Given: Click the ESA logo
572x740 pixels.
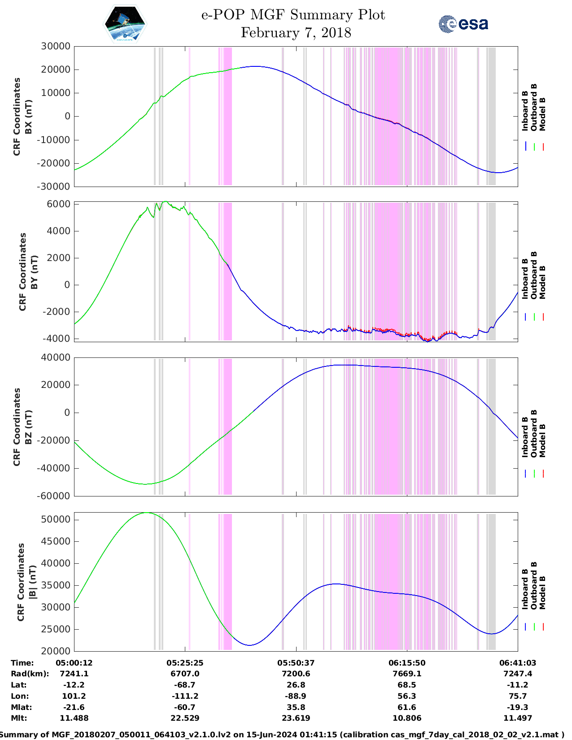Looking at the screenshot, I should point(463,24).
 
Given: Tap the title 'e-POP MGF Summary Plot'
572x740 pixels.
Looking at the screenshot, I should point(293,15).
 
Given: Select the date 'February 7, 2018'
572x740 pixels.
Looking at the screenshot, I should point(296,33).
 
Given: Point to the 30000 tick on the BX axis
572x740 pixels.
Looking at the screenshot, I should point(56,46).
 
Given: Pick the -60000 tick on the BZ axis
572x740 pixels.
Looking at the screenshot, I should point(53,496).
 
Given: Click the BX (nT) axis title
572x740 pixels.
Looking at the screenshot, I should point(28,117).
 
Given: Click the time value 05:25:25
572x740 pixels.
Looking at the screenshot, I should point(185,663).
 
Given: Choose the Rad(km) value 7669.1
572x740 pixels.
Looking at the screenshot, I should point(407,674).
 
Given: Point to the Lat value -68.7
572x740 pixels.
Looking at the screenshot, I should point(185,685).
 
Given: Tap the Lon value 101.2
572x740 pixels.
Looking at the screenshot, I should point(74,696).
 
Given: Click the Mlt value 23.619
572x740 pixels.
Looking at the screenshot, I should point(296,718).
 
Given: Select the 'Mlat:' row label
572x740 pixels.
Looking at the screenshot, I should point(20,707).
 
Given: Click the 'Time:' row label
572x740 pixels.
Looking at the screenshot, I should point(22,663).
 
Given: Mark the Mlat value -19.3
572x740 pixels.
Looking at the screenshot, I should point(518,707).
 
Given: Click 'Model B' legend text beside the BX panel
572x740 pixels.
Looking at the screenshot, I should point(542,114).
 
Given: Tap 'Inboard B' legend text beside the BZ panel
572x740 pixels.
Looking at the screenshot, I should point(525,437).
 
